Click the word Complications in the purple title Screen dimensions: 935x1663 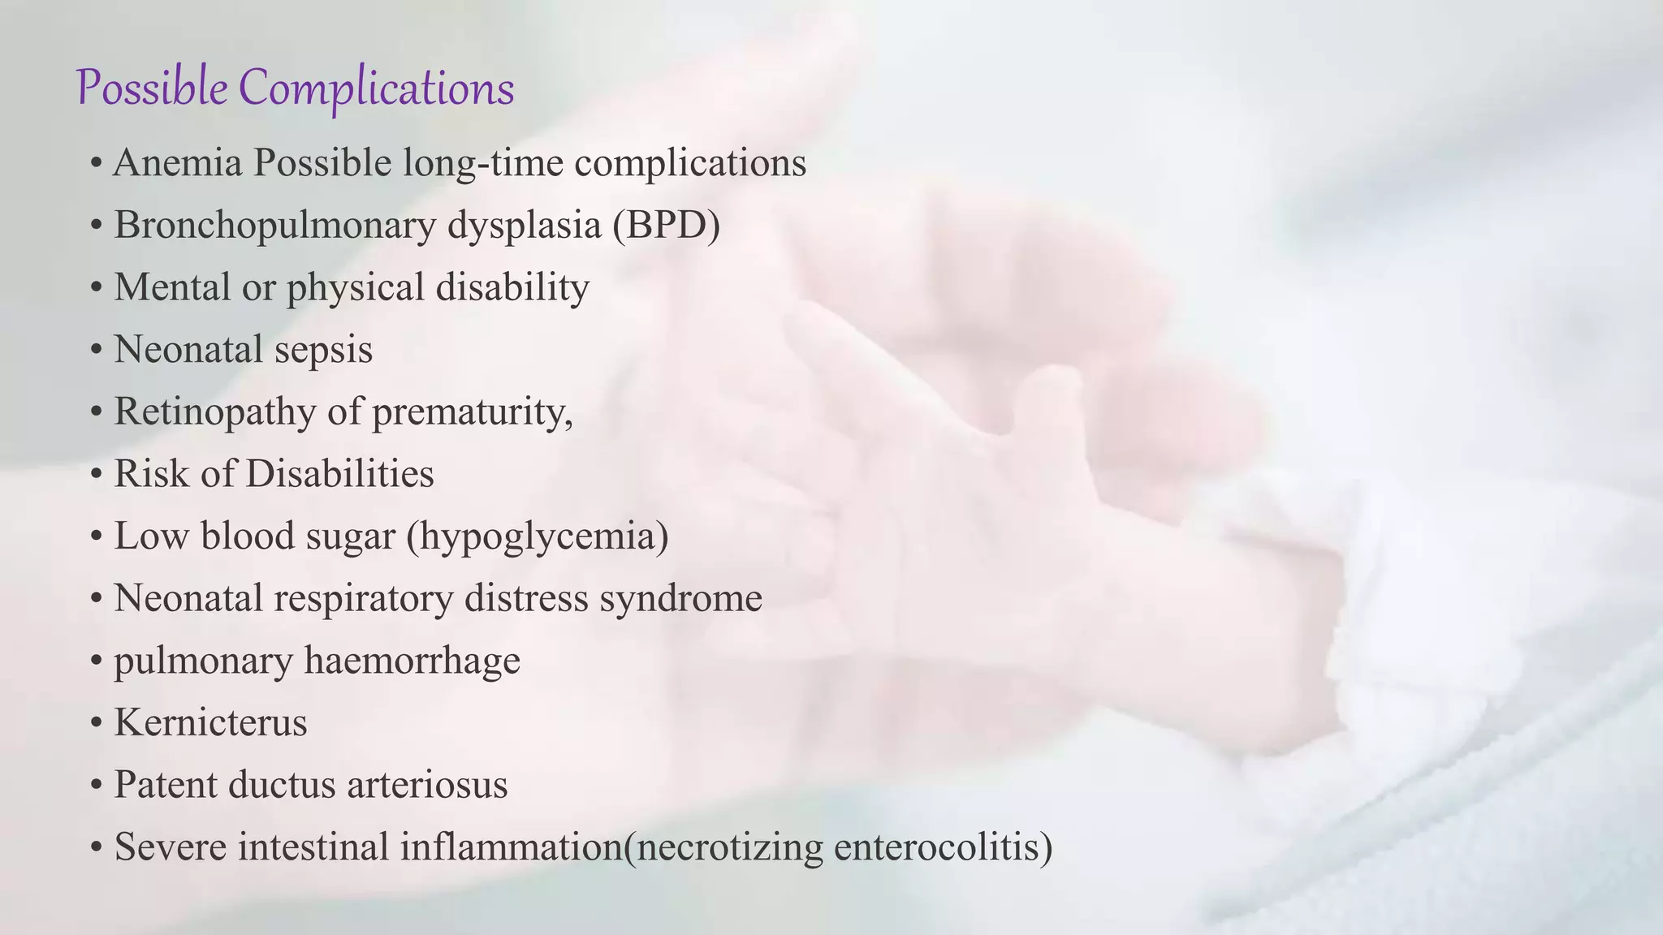(377, 88)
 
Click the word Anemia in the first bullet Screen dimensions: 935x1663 (178, 162)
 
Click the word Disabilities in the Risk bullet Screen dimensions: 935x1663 (339, 474)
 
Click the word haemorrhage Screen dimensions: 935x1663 (412, 661)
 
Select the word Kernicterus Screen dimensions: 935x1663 (210, 722)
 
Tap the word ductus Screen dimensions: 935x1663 (281, 785)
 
